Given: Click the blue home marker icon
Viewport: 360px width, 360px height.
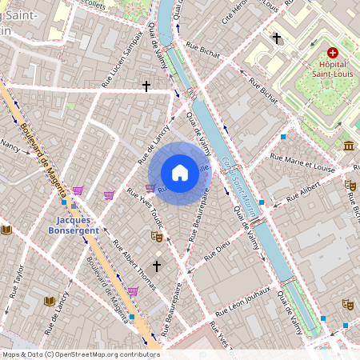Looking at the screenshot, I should pyautogui.click(x=180, y=172).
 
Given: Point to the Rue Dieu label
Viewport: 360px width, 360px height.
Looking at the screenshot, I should pyautogui.click(x=217, y=253).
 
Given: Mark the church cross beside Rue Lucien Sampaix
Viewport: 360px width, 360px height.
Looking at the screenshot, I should pyautogui.click(x=146, y=85).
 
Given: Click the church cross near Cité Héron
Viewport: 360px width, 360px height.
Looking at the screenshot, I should pyautogui.click(x=277, y=38).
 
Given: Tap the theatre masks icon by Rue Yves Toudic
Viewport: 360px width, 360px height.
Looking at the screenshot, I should pyautogui.click(x=157, y=237).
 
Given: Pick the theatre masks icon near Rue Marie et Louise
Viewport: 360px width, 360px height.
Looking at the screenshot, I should pyautogui.click(x=350, y=185).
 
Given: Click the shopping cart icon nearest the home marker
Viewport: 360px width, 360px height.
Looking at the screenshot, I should pyautogui.click(x=150, y=189).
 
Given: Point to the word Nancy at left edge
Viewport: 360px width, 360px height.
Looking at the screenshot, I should pyautogui.click(x=10, y=146).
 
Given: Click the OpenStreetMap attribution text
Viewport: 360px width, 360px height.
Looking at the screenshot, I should pyautogui.click(x=80, y=354).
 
